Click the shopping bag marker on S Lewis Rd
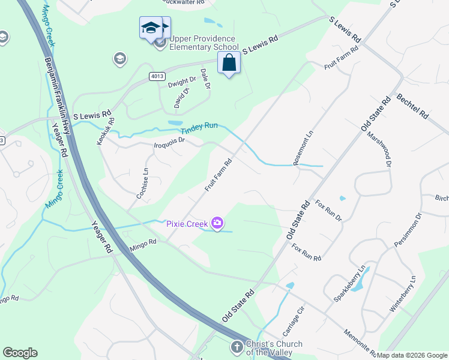coord(229,63)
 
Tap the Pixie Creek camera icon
coord(217,224)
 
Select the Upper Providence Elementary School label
coord(204,43)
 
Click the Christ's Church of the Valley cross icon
coord(237,347)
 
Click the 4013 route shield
coord(157,76)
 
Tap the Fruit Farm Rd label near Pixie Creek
coord(218,175)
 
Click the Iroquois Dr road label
coord(170,143)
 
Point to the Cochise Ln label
coord(142,183)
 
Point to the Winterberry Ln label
coord(403,293)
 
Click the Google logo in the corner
coord(20,353)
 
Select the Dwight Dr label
coord(182,82)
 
